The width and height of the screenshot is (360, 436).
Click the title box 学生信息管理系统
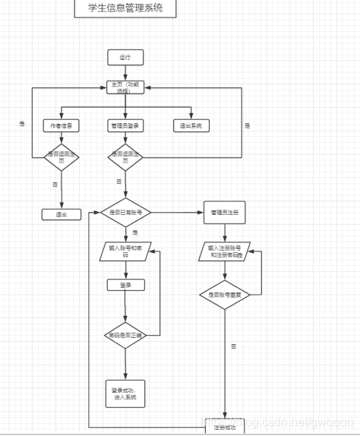pyautogui.click(x=125, y=9)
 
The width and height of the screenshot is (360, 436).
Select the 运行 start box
pyautogui.click(x=125, y=57)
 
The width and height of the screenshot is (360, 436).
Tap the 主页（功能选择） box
pyautogui.click(x=125, y=87)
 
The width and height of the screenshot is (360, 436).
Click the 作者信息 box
pyautogui.click(x=61, y=125)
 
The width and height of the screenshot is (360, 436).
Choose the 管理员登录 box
pyautogui.click(x=125, y=125)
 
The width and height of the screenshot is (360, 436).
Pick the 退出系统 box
pyautogui.click(x=191, y=125)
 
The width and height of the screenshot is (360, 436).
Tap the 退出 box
pyautogui.click(x=61, y=214)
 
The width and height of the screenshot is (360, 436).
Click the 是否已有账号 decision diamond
pyautogui.click(x=125, y=212)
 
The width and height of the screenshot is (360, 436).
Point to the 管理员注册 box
pyautogui.click(x=225, y=212)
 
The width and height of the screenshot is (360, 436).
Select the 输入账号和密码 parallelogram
pyautogui.click(x=125, y=251)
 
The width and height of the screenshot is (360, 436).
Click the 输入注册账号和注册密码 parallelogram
pyautogui.click(x=226, y=251)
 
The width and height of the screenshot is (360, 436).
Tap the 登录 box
pyautogui.click(x=125, y=286)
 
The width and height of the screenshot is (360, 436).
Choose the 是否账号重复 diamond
pyautogui.click(x=226, y=293)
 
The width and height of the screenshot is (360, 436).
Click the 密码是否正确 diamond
pyautogui.click(x=125, y=334)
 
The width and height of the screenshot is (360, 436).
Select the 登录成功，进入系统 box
pyautogui.click(x=125, y=393)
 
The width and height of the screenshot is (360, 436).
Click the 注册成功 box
pyautogui.click(x=226, y=428)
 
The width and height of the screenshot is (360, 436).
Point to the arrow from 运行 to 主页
pyautogui.click(x=125, y=72)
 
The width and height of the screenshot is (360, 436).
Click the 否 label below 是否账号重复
pyautogui.click(x=232, y=346)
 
